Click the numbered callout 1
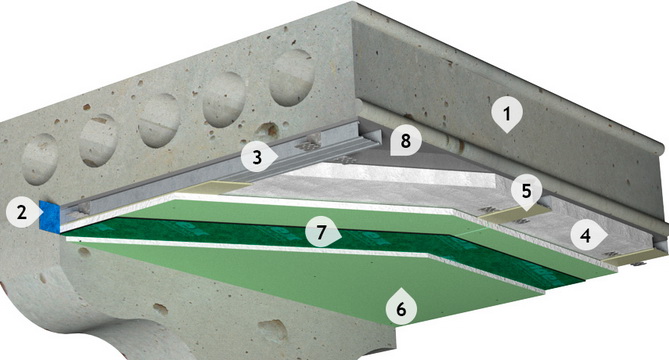tap(507, 114)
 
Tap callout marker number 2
tap(22, 212)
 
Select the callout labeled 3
tap(257, 157)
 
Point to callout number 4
tap(586, 235)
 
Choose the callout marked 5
tap(526, 192)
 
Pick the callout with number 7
tap(321, 233)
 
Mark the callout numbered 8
tap(405, 140)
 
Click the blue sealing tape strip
tap(49, 216)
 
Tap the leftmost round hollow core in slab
tap(40, 159)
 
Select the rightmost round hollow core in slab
tap(291, 77)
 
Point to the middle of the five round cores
tap(160, 120)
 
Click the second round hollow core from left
tap(98, 140)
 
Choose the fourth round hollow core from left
tap(224, 99)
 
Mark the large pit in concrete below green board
tap(273, 330)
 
